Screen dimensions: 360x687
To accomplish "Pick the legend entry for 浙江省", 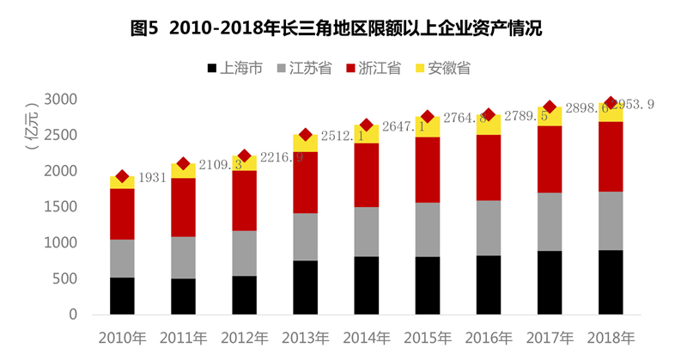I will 374,68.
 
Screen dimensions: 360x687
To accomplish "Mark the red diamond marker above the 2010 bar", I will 122,176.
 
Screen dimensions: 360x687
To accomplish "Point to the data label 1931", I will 152,177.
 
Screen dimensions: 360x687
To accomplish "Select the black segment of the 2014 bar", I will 366,285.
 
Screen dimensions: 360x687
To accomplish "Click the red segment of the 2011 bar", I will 183,207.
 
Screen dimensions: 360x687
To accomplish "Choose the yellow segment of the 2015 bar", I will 427,127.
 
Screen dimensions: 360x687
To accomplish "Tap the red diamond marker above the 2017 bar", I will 550,107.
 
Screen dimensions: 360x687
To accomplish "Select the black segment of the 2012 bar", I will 244,295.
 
